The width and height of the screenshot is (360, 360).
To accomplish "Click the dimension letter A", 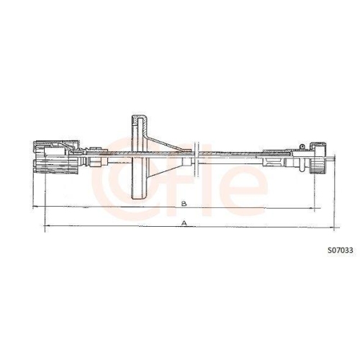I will [185, 224].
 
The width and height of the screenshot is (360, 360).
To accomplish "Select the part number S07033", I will [339, 251].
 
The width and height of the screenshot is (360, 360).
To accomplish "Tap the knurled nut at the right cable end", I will [320, 166].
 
